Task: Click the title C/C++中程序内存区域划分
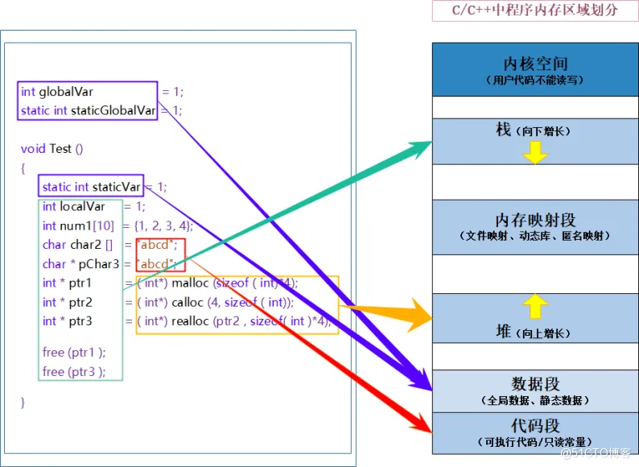pyautogui.click(x=535, y=10)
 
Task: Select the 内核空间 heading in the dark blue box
pyautogui.click(x=535, y=64)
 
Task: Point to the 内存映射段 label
pyautogui.click(x=535, y=220)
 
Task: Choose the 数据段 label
pyautogui.click(x=535, y=384)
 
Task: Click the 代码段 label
pyautogui.click(x=535, y=425)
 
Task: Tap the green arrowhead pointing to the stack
pyautogui.click(x=419, y=150)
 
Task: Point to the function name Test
pyautogui.click(x=60, y=148)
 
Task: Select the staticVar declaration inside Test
pyautogui.click(x=92, y=187)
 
